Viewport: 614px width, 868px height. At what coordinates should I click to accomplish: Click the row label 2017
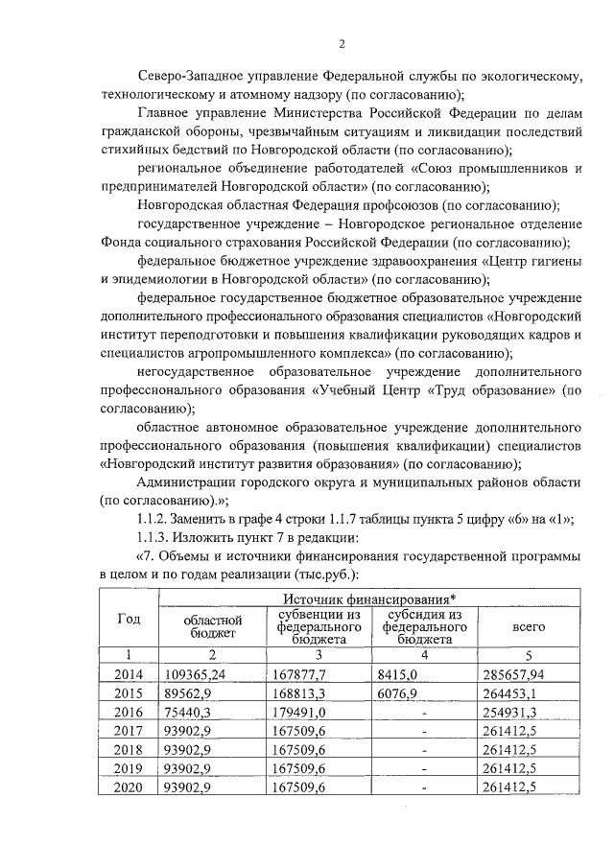(x=128, y=731)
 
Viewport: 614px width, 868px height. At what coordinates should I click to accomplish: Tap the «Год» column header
(x=128, y=619)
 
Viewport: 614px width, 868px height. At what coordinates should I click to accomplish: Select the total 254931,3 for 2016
(x=518, y=712)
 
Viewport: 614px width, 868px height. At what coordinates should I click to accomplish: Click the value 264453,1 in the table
(x=518, y=693)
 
